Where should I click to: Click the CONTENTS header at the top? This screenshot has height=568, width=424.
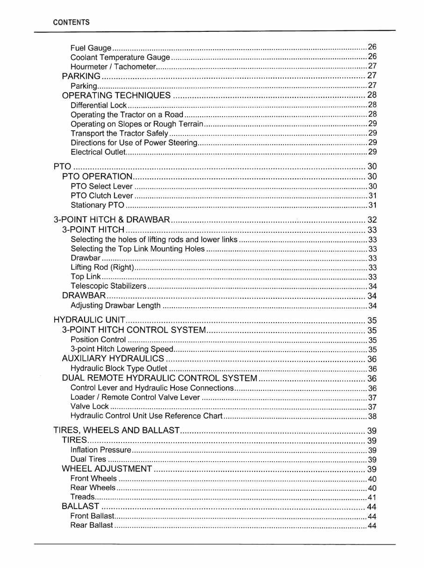pyautogui.click(x=71, y=22)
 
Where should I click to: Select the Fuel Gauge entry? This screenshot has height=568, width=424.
pyautogui.click(x=91, y=48)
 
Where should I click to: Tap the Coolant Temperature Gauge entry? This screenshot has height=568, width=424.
pyautogui.click(x=120, y=58)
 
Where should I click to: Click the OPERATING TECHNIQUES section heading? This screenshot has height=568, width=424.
pyautogui.click(x=116, y=96)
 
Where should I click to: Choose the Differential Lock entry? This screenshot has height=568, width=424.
pyautogui.click(x=99, y=105)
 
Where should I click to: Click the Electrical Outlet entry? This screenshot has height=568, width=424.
pyautogui.click(x=98, y=152)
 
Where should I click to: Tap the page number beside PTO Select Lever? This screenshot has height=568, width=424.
pyautogui.click(x=372, y=186)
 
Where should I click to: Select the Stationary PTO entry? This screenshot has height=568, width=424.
pyautogui.click(x=97, y=205)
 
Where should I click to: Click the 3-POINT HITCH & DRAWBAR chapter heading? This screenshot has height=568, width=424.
pyautogui.click(x=112, y=220)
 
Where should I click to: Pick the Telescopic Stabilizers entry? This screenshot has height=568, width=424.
pyautogui.click(x=108, y=286)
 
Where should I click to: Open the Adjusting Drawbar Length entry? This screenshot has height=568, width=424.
pyautogui.click(x=115, y=306)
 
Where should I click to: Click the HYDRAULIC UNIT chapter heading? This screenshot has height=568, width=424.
pyautogui.click(x=89, y=320)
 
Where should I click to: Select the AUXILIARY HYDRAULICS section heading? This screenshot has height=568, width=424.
pyautogui.click(x=113, y=359)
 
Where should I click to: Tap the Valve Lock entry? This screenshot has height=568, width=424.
pyautogui.click(x=89, y=406)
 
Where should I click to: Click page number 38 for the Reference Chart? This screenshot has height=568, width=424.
pyautogui.click(x=372, y=416)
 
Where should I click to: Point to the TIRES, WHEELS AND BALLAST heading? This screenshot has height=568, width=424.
pyautogui.click(x=116, y=431)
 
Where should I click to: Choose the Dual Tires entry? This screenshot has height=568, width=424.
pyautogui.click(x=88, y=459)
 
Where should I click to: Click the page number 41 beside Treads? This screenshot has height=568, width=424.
pyautogui.click(x=372, y=497)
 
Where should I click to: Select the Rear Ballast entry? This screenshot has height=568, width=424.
pyautogui.click(x=92, y=525)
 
